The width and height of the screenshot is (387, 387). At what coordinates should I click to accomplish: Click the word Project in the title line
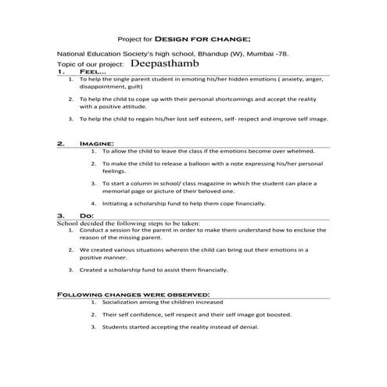pyautogui.click(x=129, y=37)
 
